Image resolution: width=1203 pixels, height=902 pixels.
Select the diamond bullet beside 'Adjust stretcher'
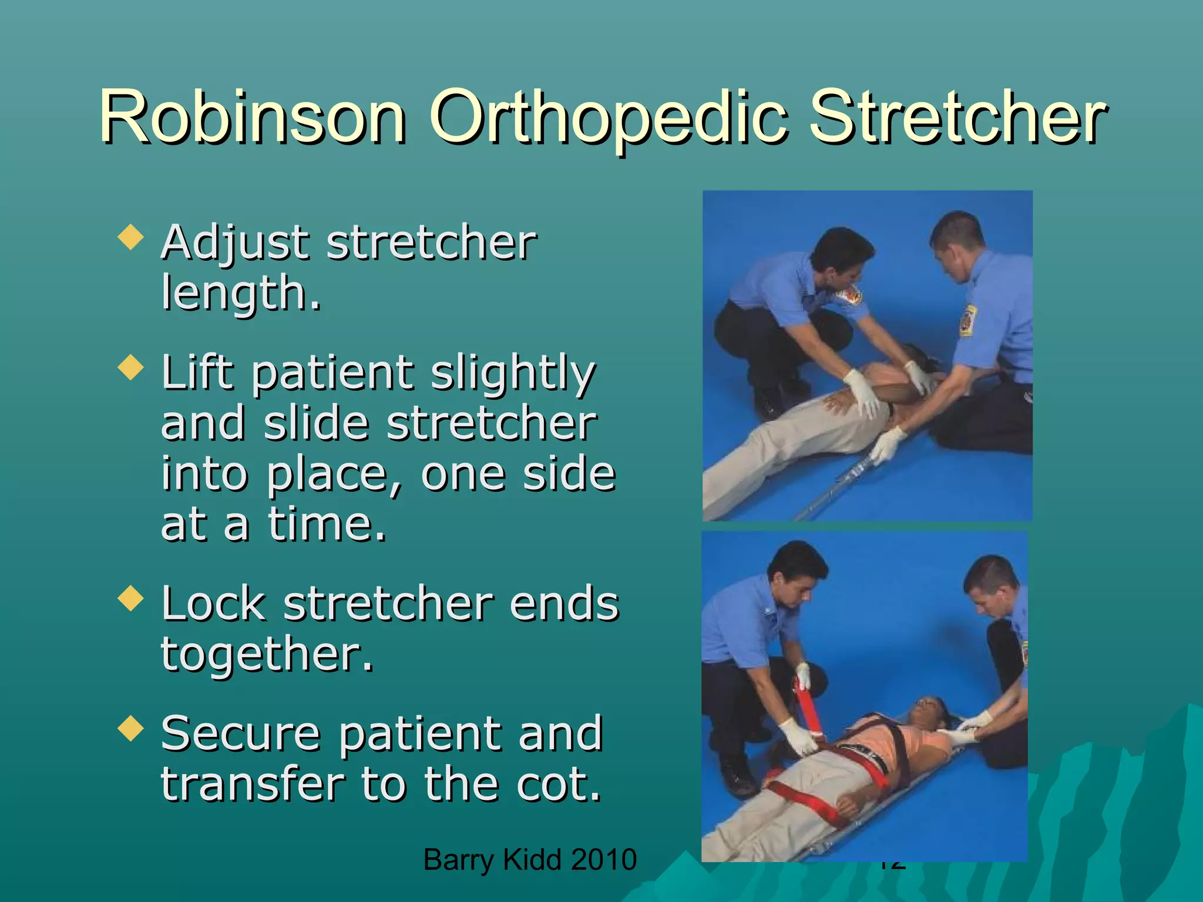pos(130,237)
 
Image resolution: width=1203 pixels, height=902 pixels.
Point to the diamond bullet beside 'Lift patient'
pos(130,368)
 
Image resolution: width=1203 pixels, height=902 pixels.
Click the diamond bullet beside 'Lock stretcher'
pos(130,598)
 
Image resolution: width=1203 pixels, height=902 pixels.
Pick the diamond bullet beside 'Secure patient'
pos(130,728)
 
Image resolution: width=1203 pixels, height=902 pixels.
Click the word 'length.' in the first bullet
pos(241,292)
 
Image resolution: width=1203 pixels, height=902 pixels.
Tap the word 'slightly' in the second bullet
pos(513,373)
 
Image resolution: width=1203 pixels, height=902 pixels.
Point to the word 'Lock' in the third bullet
pos(213,603)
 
